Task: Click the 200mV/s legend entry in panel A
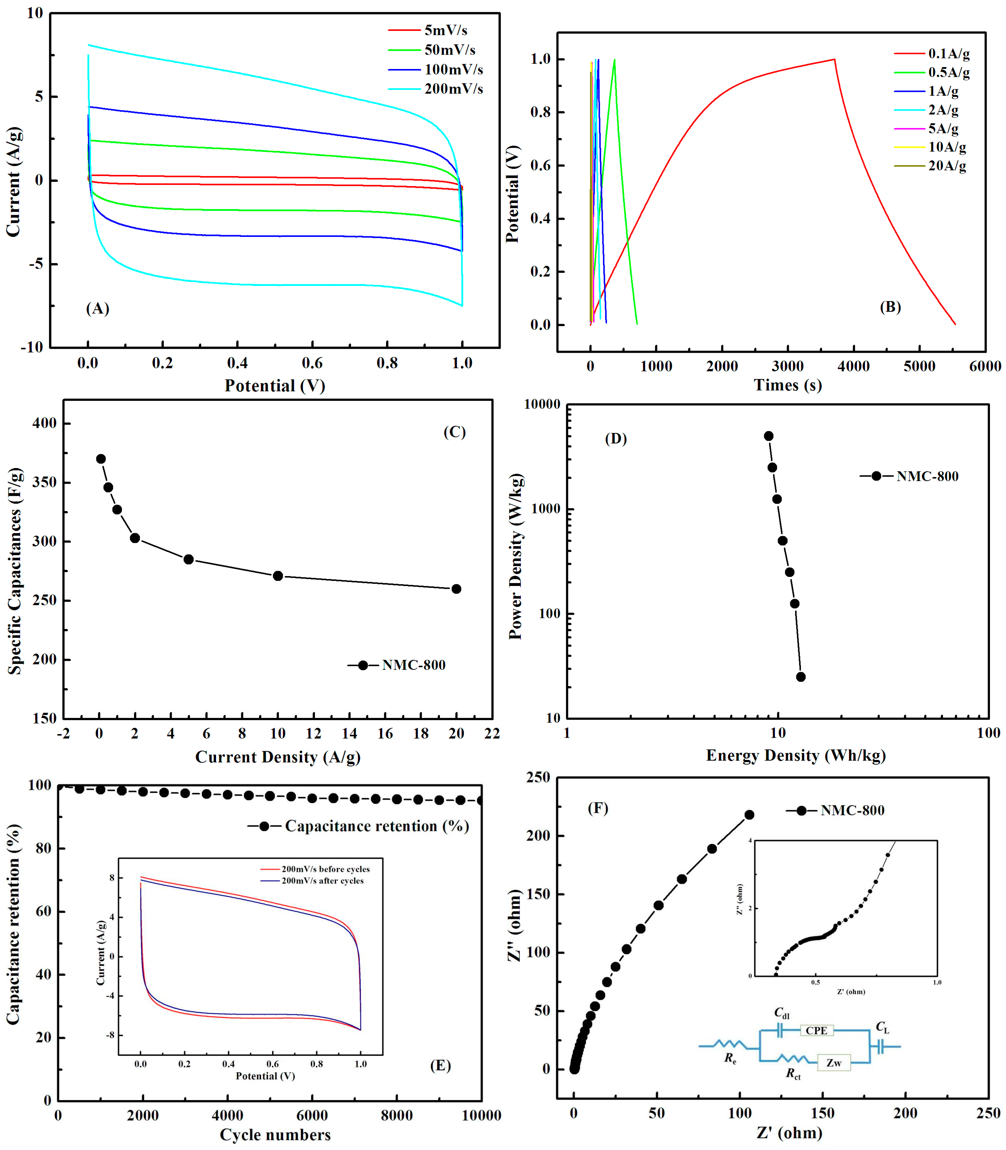click(x=453, y=89)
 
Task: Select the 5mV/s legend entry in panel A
click(x=445, y=30)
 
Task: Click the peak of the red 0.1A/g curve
click(x=834, y=59)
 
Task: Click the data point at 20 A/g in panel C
click(x=456, y=589)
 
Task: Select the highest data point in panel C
click(x=101, y=459)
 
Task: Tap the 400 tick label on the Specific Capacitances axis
click(x=44, y=423)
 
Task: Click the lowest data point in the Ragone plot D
click(x=801, y=677)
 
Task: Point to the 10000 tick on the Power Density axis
click(x=542, y=404)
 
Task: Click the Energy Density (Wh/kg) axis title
click(x=795, y=755)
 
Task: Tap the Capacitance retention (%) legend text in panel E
click(x=377, y=826)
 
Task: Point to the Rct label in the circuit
click(x=793, y=1074)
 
